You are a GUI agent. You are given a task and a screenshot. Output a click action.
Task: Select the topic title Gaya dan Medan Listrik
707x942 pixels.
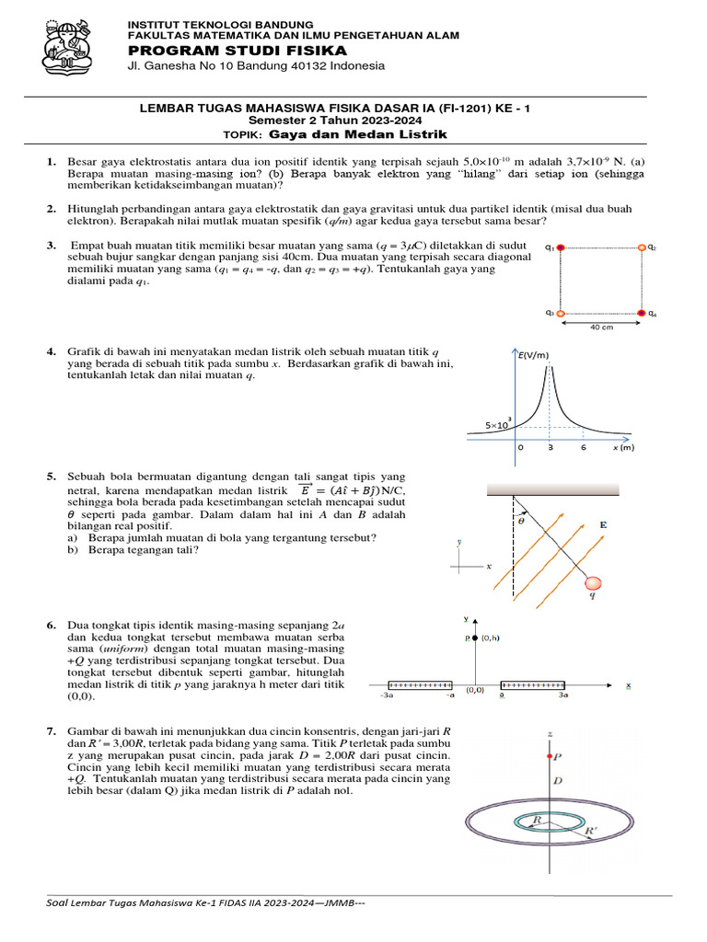[357, 134]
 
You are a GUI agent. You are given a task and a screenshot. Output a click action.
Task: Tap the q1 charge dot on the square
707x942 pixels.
[560, 247]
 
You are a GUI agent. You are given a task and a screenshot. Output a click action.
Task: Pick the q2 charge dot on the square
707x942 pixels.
[642, 247]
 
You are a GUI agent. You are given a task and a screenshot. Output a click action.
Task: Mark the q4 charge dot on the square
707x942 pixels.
[642, 314]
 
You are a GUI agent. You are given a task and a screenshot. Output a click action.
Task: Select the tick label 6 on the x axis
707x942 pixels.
[584, 447]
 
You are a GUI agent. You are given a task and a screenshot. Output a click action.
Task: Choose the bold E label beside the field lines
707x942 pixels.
[604, 524]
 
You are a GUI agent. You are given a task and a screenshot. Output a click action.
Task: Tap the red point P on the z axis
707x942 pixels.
[551, 756]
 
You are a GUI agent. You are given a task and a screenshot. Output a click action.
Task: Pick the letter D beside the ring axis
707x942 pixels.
[556, 781]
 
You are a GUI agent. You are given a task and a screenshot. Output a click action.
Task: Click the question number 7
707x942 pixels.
[52, 731]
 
